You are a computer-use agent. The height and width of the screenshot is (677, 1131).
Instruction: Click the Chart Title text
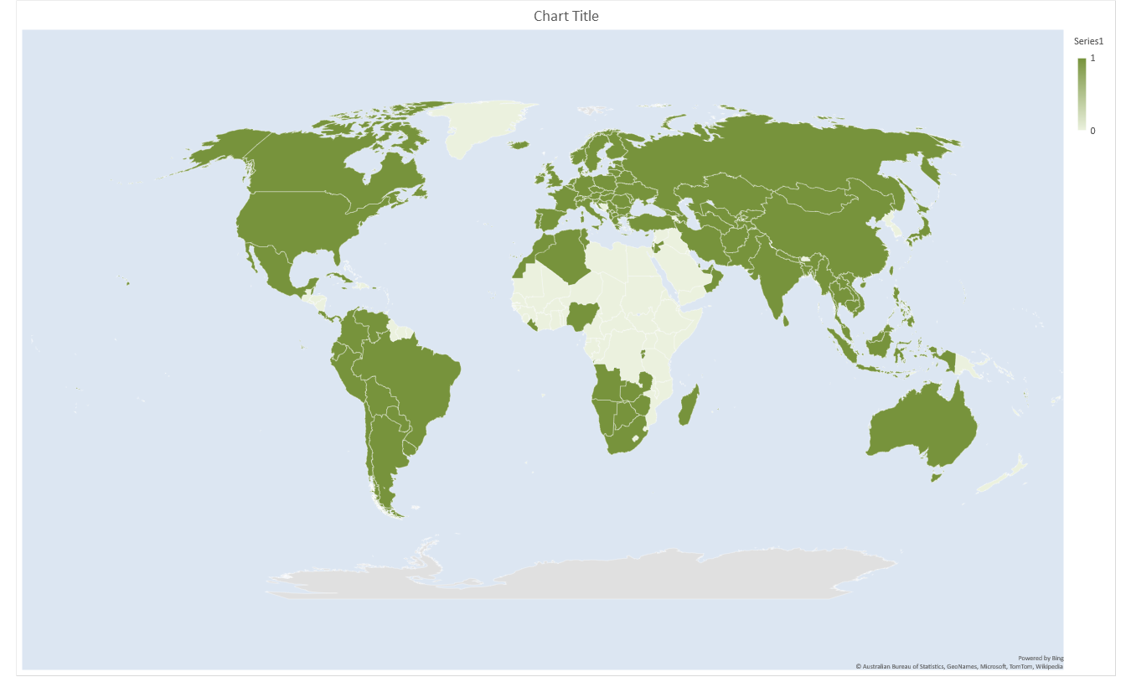pos(566,16)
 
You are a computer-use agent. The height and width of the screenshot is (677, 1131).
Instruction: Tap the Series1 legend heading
pos(1089,41)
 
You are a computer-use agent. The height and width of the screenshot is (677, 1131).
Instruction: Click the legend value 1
pos(1092,59)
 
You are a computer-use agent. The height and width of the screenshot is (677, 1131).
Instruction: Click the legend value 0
pos(1092,131)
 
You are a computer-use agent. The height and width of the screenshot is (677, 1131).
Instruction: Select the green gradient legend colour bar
pos(1081,94)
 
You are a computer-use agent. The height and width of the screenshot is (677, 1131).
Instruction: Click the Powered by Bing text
pos(1041,658)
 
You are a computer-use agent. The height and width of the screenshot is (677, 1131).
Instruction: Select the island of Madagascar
pos(688,406)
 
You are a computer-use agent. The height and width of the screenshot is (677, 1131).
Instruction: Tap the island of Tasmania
pos(937,478)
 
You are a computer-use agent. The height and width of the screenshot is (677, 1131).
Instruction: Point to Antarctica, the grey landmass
pos(586,578)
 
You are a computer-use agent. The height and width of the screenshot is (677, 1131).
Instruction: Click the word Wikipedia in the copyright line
pos(1049,667)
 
